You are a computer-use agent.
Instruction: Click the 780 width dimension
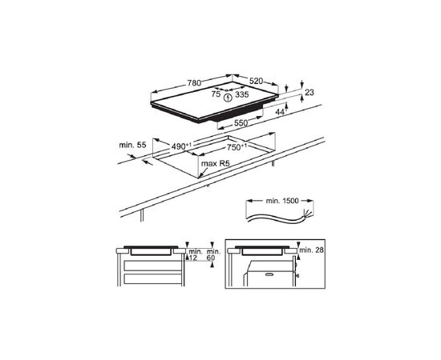click(x=194, y=83)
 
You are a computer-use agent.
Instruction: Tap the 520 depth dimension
click(x=256, y=82)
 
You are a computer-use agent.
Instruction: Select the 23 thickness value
click(x=310, y=92)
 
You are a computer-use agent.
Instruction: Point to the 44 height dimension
click(x=281, y=112)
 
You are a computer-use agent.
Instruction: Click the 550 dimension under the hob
click(x=241, y=122)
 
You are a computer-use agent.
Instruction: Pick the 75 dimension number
click(x=216, y=94)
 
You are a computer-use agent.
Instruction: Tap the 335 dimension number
click(x=242, y=94)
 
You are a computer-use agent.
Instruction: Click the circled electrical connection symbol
click(x=228, y=98)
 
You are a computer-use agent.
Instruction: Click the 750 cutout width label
click(x=237, y=147)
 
